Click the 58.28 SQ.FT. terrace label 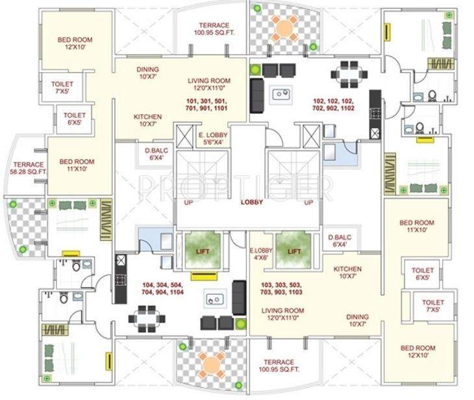[x=27, y=168]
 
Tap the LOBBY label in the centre [x=252, y=202]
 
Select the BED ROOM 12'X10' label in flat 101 [x=75, y=44]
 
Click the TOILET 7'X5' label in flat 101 [x=62, y=88]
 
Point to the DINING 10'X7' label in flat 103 [x=358, y=320]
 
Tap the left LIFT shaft [x=203, y=250]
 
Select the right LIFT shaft [x=294, y=250]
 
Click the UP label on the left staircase [x=188, y=202]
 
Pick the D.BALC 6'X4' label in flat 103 [x=340, y=241]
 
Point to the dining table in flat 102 [x=349, y=75]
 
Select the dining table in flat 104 [x=147, y=319]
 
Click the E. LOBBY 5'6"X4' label [x=213, y=138]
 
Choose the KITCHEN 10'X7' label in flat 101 [x=148, y=120]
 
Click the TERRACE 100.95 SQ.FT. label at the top [x=214, y=29]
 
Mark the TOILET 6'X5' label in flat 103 [x=423, y=273]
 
